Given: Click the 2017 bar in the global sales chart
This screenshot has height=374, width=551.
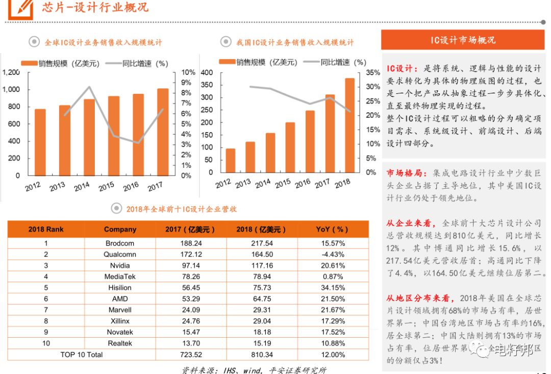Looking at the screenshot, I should pos(162,133).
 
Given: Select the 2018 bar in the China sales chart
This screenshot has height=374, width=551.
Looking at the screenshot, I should pos(349,126).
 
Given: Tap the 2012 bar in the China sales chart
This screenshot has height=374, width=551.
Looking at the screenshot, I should pos(231,160).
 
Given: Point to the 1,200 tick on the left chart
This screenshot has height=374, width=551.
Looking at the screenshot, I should pos(11,72).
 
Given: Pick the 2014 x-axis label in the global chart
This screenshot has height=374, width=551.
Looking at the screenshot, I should pos(82,187).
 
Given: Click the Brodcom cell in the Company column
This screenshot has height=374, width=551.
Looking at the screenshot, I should pos(120,243).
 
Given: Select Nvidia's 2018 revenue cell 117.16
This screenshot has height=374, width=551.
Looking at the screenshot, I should pos(262,265).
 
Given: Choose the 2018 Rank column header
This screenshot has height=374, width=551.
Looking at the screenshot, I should pos(46,229).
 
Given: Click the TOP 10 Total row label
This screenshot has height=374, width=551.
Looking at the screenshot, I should pos(82,354).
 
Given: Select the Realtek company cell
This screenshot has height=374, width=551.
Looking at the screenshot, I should pos(120,343).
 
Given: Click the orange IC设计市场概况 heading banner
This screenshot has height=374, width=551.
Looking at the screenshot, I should pos(463,40).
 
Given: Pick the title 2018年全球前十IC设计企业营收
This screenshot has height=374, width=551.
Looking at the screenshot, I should pos(181,209).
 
